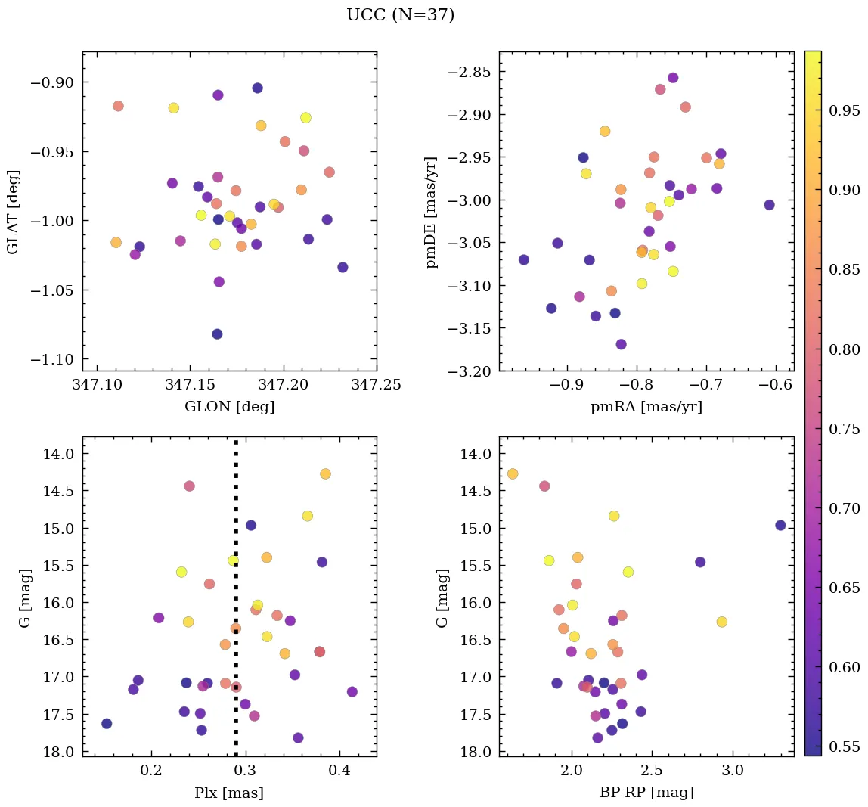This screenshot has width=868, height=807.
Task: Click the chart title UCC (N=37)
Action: (x=400, y=15)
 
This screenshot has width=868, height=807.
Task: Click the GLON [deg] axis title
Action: (x=229, y=407)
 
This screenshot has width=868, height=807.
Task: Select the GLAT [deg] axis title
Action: (x=13, y=211)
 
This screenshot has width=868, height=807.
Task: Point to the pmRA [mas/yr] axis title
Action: (x=646, y=407)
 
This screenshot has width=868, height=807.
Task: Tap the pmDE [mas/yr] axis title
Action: (x=432, y=211)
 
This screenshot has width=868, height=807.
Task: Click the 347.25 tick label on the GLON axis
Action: (x=376, y=386)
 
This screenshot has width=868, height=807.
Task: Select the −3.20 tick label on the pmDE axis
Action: (x=468, y=371)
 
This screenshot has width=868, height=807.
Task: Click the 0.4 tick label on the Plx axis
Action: (x=339, y=771)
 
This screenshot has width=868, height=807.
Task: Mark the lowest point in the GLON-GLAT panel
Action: (x=217, y=334)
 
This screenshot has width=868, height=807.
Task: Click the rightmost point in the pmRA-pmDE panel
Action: (x=769, y=205)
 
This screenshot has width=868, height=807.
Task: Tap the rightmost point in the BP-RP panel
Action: (x=780, y=525)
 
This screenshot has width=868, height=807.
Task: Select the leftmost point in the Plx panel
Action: (x=107, y=724)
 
